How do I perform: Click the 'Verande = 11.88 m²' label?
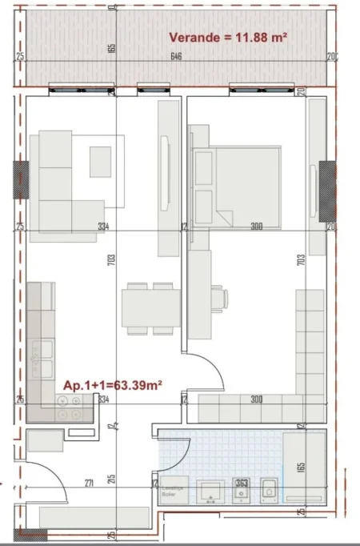228,36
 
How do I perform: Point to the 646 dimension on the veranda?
174,57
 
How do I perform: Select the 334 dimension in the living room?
102,227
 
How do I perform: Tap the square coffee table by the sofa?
101,162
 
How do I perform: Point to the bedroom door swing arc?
204,371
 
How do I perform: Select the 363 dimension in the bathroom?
241,482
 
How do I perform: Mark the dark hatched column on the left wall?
20,180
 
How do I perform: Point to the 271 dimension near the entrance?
89,482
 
